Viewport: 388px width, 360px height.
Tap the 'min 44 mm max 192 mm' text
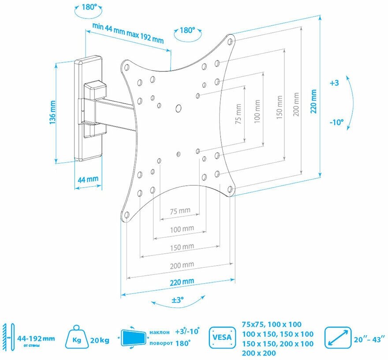[x=128, y=33]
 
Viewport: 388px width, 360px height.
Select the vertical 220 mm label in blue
[x=313, y=101]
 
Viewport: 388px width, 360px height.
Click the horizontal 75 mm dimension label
[x=180, y=211]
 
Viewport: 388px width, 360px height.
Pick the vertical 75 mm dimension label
[x=239, y=115]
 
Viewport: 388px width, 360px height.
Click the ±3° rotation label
[x=177, y=300]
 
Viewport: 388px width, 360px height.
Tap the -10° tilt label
[x=336, y=123]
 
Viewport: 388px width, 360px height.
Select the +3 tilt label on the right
[x=334, y=82]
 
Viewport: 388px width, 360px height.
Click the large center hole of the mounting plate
[x=179, y=108]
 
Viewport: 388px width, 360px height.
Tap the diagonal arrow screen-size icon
[x=338, y=338]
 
